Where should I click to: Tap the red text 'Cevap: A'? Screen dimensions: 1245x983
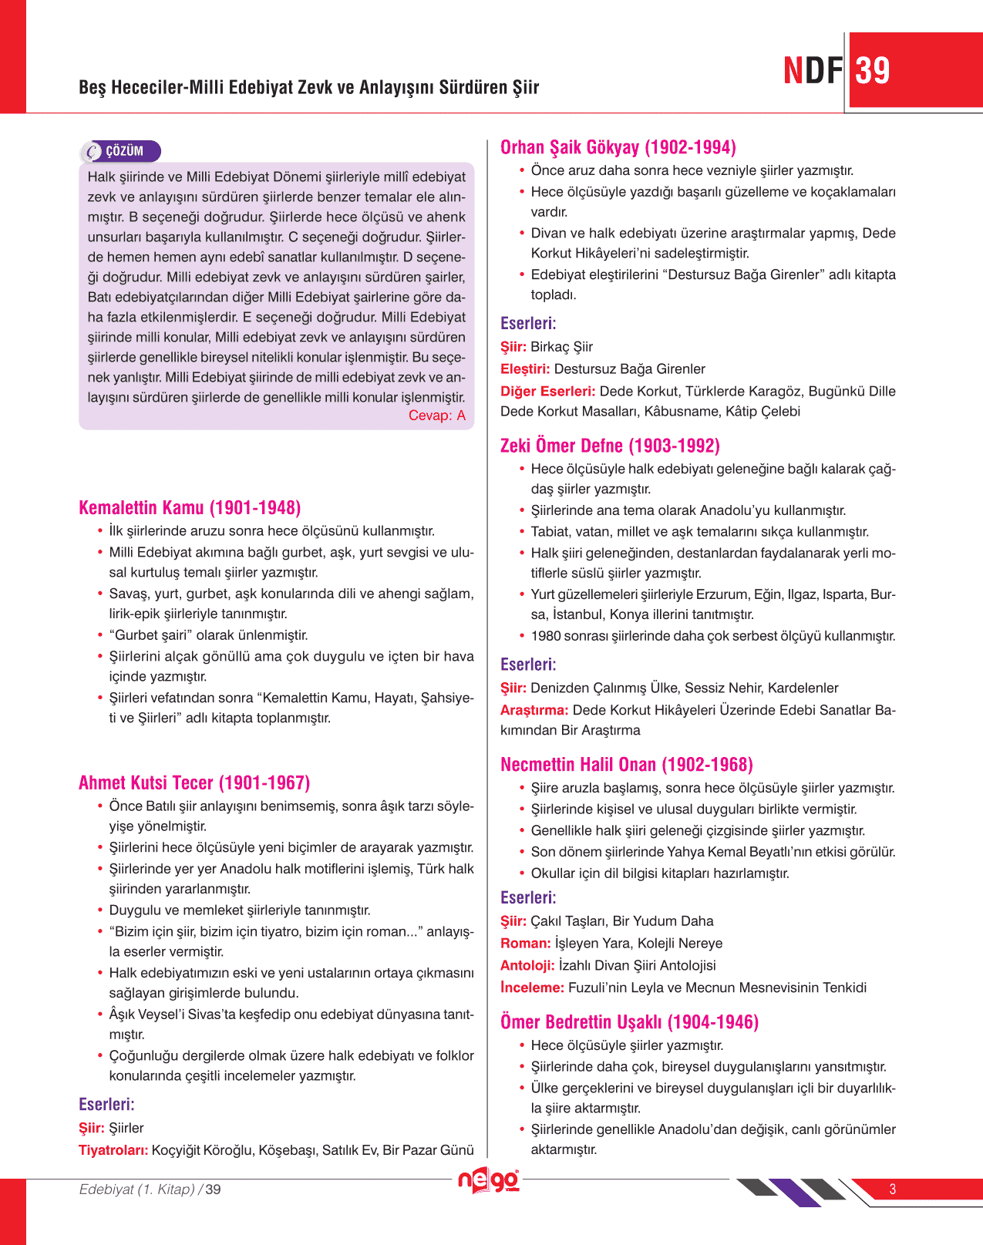coord(436,416)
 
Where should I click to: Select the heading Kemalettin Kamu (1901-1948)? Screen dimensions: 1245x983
coord(190,508)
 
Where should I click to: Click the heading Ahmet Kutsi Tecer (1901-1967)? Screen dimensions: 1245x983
coord(194,783)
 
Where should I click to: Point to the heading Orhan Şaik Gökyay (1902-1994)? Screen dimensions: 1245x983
coord(618,147)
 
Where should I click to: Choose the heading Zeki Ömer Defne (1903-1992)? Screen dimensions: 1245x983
coord(610,446)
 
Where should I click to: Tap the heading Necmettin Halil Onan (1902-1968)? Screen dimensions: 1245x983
coord(626,765)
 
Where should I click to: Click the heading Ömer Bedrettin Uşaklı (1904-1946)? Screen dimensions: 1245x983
coord(629,1022)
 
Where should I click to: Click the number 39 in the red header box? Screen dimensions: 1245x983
coord(873,71)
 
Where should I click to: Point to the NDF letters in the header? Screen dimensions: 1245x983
coord(813,71)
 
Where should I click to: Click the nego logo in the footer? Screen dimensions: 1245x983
coord(489,1181)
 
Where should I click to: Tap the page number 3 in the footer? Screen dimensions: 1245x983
coord(892,1189)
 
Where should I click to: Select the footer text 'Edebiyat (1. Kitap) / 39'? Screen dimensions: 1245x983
coord(150,1189)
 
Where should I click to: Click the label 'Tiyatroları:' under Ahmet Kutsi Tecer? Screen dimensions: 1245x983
coord(113,1150)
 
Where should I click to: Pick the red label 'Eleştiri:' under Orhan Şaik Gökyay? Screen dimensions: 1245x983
coord(525,369)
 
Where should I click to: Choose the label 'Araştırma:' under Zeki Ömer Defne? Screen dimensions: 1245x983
coord(534,710)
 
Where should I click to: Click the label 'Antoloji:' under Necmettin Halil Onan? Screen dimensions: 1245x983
coord(527,965)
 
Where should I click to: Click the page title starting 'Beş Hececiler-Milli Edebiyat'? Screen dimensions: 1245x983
coord(308,87)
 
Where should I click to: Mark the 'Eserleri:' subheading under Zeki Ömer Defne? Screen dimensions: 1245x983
coord(528,665)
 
